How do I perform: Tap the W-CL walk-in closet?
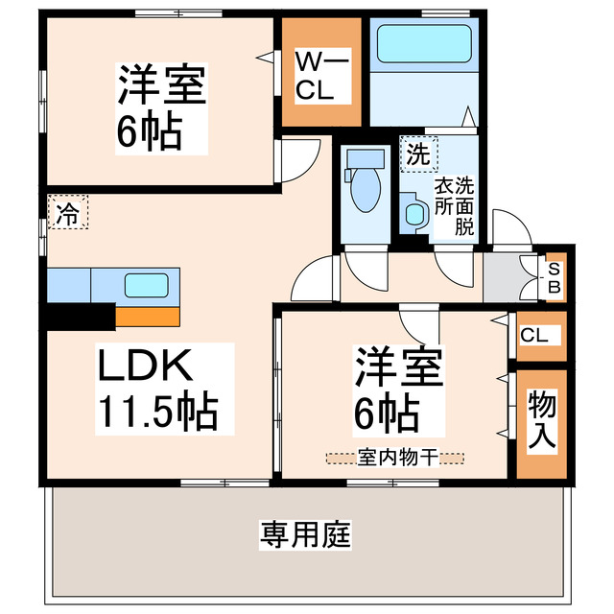(x=319, y=76)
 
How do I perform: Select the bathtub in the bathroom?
(x=422, y=43)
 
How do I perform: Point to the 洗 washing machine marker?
(x=417, y=153)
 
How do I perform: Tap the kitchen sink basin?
(x=144, y=285)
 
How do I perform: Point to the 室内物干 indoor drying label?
(x=393, y=457)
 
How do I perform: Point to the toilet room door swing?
(x=365, y=263)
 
